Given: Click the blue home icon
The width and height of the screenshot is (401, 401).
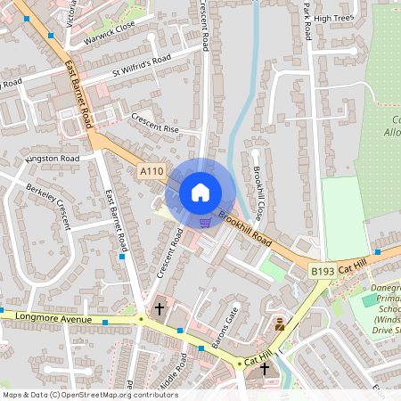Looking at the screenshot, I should [x=200, y=192].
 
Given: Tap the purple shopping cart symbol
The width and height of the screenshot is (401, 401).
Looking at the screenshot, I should [x=206, y=223].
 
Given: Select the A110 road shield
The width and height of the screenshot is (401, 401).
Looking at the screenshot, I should [x=151, y=169].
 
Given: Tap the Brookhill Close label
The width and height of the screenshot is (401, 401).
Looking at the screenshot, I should [x=258, y=192].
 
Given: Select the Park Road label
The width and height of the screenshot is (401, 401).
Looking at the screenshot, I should [x=307, y=21].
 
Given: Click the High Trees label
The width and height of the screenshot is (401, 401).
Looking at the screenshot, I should [x=334, y=18].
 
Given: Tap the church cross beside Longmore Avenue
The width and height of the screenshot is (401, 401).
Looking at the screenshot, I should [x=160, y=309].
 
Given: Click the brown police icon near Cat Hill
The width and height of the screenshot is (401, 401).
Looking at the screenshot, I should [x=280, y=324].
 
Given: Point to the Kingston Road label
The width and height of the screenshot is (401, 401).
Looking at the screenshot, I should [x=53, y=159].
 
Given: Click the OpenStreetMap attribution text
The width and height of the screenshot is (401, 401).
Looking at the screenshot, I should [x=90, y=394].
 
